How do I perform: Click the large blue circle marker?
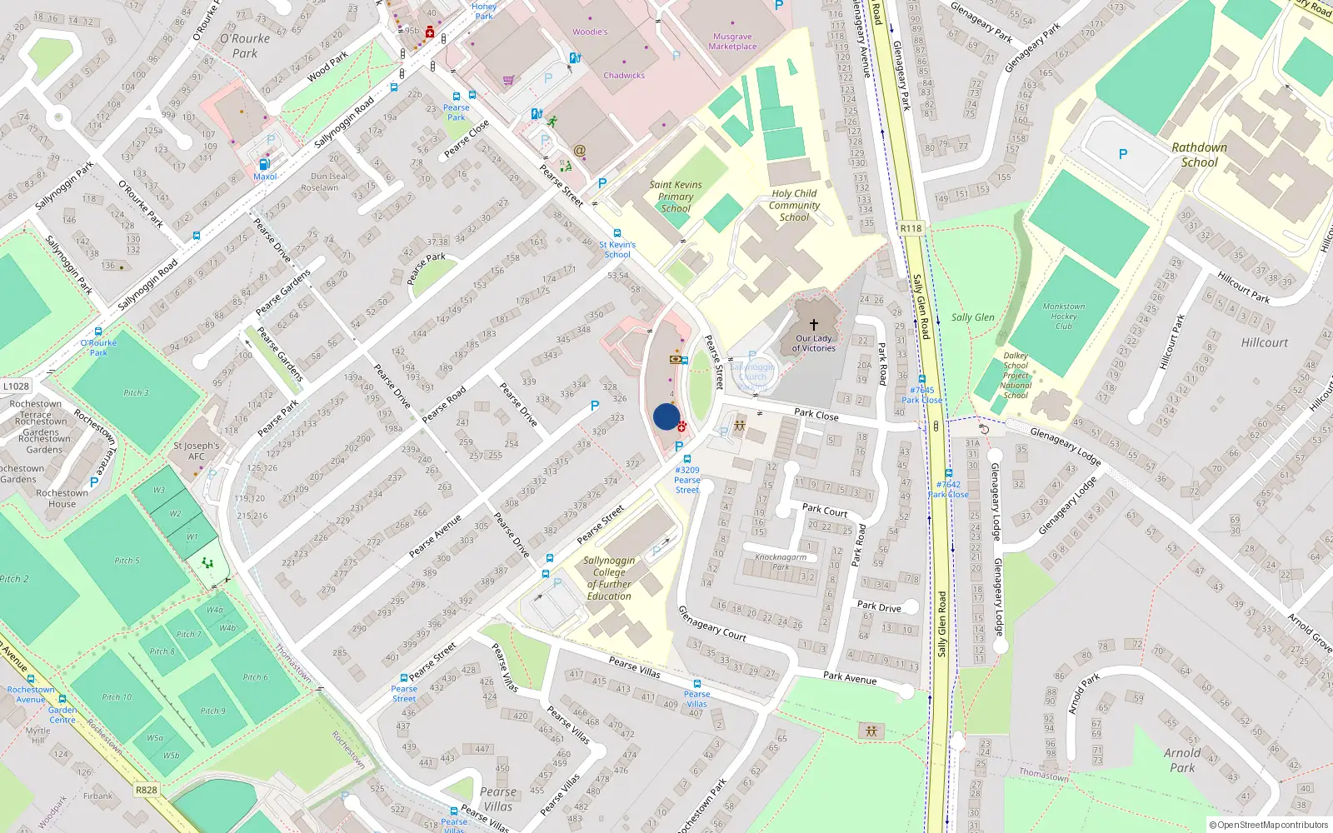point(666,416)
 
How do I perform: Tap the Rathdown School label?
point(1199,155)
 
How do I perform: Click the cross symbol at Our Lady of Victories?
point(814,325)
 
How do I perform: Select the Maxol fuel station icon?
point(264,164)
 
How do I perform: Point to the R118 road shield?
point(911,228)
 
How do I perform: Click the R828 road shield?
point(146,790)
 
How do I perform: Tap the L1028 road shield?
point(16,386)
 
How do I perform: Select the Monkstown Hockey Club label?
point(1064,316)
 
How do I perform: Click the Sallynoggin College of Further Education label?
point(609,578)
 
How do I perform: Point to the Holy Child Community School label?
point(795,205)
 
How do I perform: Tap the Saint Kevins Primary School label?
point(676,197)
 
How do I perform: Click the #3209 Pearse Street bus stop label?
point(687,480)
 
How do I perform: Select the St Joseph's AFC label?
point(196,451)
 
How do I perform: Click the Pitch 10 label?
point(117,697)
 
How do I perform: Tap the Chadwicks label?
point(624,75)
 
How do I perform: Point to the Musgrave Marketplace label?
point(732,42)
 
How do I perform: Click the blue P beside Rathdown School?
point(1122,154)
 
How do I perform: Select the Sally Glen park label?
point(972,317)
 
